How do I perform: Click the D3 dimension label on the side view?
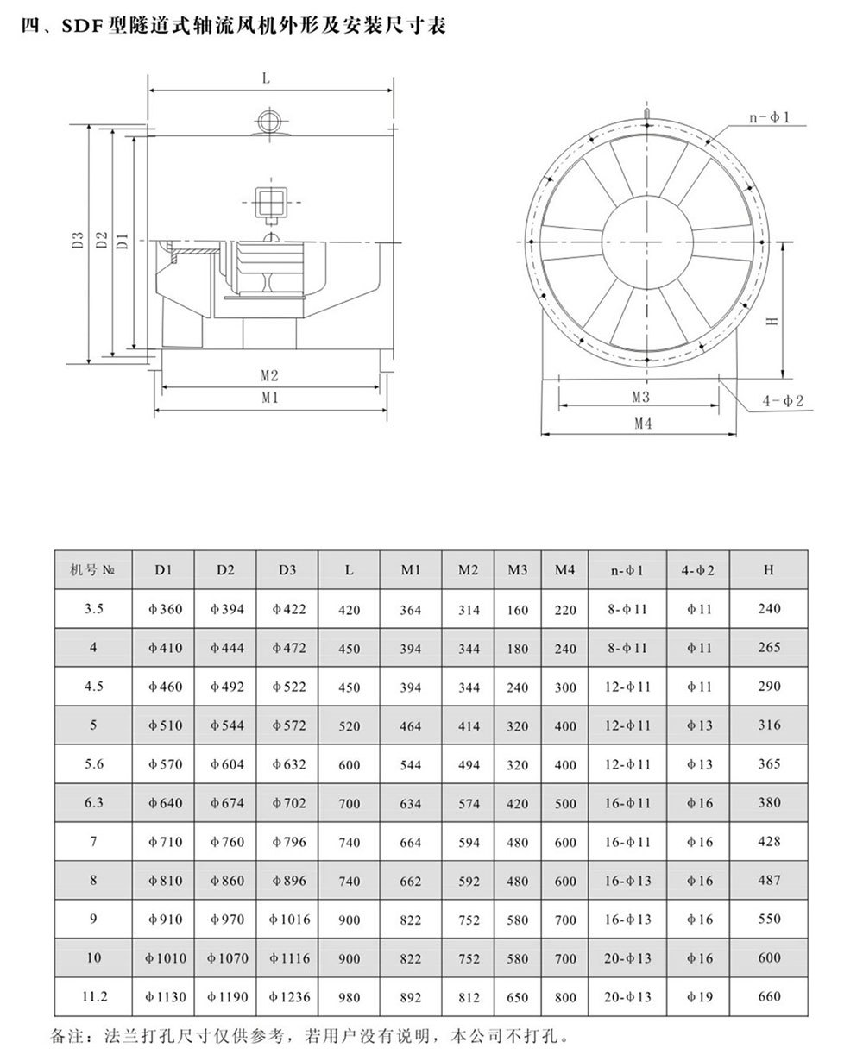click(77, 242)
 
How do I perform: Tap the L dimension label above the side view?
click(266, 78)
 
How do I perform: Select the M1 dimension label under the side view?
click(269, 398)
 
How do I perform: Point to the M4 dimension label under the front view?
click(642, 424)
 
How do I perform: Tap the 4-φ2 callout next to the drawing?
click(784, 401)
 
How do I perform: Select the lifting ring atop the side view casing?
click(270, 119)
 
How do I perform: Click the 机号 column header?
click(93, 569)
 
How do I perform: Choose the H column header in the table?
click(768, 569)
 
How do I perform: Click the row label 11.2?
click(93, 996)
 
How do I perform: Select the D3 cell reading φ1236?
click(289, 996)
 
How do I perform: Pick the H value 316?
click(768, 725)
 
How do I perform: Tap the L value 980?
click(350, 998)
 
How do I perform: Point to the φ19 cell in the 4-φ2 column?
click(700, 998)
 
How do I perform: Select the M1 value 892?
click(411, 998)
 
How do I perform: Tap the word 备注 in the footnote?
click(69, 1034)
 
